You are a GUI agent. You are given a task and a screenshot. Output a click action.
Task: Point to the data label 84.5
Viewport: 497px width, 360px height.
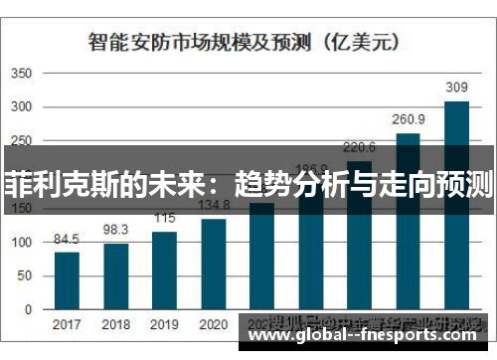tap(67, 239)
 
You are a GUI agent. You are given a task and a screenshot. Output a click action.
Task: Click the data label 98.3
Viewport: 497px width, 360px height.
tap(116, 230)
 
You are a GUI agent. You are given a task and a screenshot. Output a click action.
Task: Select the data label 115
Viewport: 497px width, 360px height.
tap(164, 219)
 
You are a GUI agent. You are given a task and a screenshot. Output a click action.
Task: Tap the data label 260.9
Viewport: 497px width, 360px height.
tap(409, 120)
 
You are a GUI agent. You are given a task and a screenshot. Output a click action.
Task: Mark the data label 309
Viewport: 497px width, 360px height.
tap(456, 88)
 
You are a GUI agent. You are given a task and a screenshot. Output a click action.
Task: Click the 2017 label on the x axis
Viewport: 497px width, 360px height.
tap(67, 324)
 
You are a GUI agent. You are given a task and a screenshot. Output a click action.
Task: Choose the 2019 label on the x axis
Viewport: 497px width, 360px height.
tap(164, 324)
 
